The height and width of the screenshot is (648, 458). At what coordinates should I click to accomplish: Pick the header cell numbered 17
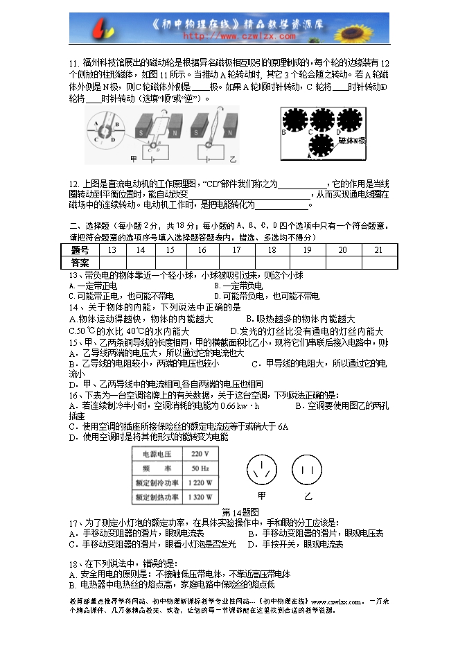pyautogui.click(x=236, y=250)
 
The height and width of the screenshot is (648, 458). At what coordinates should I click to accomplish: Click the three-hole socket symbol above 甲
pyautogui.click(x=262, y=470)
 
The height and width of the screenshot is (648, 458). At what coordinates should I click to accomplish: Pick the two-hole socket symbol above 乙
pyautogui.click(x=306, y=470)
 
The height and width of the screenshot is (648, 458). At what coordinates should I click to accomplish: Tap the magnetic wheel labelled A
pyautogui.click(x=319, y=146)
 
